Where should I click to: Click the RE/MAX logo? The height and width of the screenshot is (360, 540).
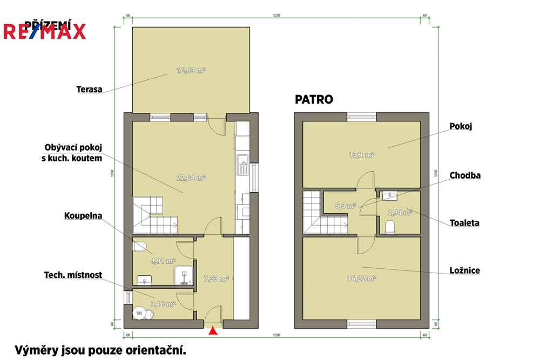44,31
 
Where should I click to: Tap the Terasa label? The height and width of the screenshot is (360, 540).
89,90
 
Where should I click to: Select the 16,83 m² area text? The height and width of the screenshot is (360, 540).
191,70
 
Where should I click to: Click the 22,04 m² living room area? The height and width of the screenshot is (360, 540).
191,177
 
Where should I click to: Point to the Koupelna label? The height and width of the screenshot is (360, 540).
83,215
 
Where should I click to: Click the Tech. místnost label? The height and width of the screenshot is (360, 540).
73,275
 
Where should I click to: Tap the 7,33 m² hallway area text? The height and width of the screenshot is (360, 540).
216,279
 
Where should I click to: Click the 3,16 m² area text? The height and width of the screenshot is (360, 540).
163,304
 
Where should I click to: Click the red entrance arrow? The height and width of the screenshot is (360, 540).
214,331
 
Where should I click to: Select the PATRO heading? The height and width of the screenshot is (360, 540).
314,99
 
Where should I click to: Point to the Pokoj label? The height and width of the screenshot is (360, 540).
461,126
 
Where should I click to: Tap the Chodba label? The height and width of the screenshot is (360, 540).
465,175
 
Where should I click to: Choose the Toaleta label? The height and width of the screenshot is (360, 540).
465,222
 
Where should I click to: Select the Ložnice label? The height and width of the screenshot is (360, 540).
464,270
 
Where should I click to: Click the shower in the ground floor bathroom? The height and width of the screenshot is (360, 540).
183,276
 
